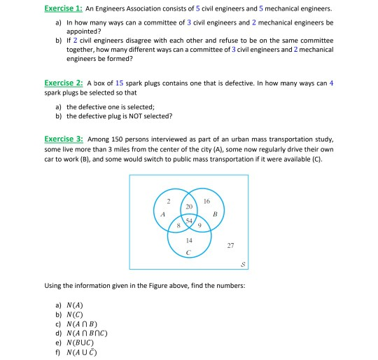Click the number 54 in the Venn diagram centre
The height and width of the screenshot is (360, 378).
click(x=188, y=221)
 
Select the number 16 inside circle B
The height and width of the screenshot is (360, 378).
click(x=206, y=201)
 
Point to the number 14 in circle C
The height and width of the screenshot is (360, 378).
click(x=189, y=240)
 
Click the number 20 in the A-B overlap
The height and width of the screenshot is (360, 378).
click(x=188, y=208)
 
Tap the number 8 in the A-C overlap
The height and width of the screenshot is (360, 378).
click(x=180, y=226)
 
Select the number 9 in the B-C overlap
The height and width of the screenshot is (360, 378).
click(x=199, y=226)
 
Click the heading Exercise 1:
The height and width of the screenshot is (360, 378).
click(x=64, y=8)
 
